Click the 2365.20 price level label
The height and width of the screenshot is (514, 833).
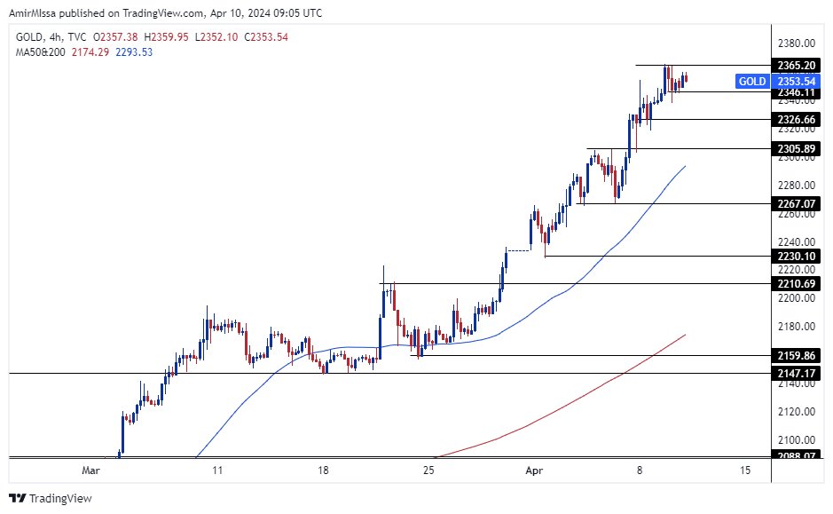coord(794,66)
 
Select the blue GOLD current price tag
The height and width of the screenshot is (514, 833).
coord(752,82)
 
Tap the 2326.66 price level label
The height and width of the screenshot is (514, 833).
coord(794,119)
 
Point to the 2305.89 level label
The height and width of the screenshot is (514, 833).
coord(794,148)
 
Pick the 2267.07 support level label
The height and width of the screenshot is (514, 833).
coord(794,203)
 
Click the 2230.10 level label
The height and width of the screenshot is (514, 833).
coord(794,256)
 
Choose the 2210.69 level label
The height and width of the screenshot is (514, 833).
coord(794,284)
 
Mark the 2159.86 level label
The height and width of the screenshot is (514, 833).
coord(794,355)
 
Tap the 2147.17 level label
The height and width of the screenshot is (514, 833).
coord(794,374)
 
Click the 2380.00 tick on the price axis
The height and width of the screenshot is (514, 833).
coord(794,43)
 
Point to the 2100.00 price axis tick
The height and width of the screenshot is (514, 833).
coord(794,439)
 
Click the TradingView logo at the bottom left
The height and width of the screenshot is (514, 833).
coord(51,498)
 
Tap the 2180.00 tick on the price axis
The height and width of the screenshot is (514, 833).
coord(794,327)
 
